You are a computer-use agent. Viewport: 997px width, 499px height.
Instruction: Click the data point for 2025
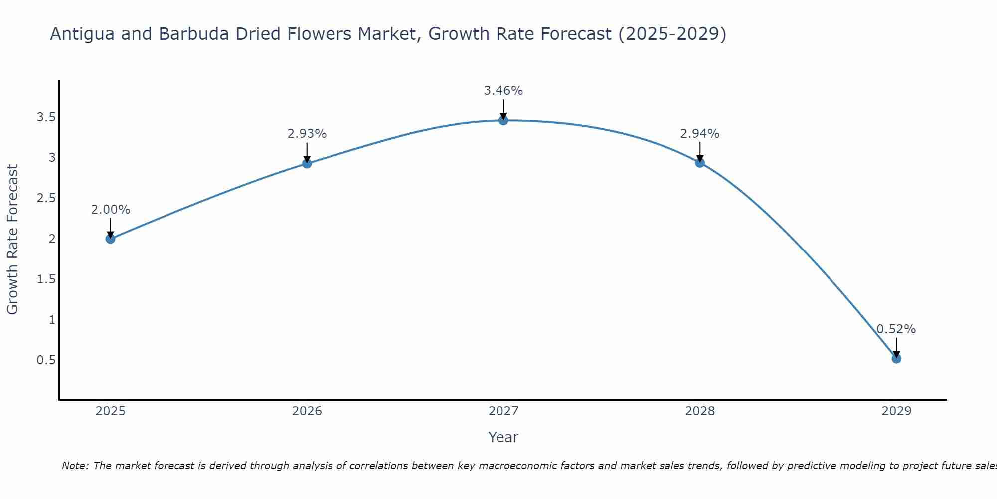tap(111, 239)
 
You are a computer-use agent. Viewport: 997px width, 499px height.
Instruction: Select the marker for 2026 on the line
tap(307, 163)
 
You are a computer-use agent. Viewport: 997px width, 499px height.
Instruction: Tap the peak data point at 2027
tap(503, 120)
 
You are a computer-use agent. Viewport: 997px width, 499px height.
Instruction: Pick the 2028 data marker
tap(700, 162)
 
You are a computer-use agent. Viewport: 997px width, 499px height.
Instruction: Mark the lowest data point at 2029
tap(896, 358)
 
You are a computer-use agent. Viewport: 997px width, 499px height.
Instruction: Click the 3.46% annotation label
tap(503, 91)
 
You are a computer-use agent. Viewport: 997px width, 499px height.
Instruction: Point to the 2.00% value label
tap(111, 210)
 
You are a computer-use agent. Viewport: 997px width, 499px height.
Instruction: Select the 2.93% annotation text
tap(307, 134)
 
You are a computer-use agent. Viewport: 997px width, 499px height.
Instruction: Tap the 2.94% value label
tap(700, 134)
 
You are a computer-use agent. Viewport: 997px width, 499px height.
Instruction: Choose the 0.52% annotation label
tap(896, 329)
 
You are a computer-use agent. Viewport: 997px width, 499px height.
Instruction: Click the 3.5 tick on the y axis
tap(46, 117)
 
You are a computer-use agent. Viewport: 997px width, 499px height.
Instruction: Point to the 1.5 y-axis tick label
tap(46, 279)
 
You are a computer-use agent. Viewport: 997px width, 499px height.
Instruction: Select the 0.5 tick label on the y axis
tap(46, 360)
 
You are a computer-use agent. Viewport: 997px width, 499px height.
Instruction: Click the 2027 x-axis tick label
tap(503, 411)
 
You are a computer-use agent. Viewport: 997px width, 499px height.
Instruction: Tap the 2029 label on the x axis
tap(896, 411)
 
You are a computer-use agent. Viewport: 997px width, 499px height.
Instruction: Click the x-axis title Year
tap(503, 437)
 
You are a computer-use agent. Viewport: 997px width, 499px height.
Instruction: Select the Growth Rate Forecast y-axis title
tap(12, 239)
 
